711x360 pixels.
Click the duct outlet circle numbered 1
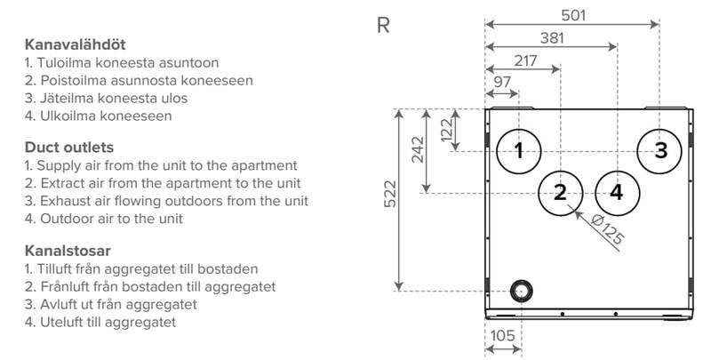[518, 150]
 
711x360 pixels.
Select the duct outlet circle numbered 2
[560, 191]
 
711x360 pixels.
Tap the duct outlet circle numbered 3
[659, 150]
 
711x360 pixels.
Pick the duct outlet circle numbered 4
[617, 191]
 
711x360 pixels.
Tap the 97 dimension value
[502, 83]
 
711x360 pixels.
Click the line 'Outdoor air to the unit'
[104, 218]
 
